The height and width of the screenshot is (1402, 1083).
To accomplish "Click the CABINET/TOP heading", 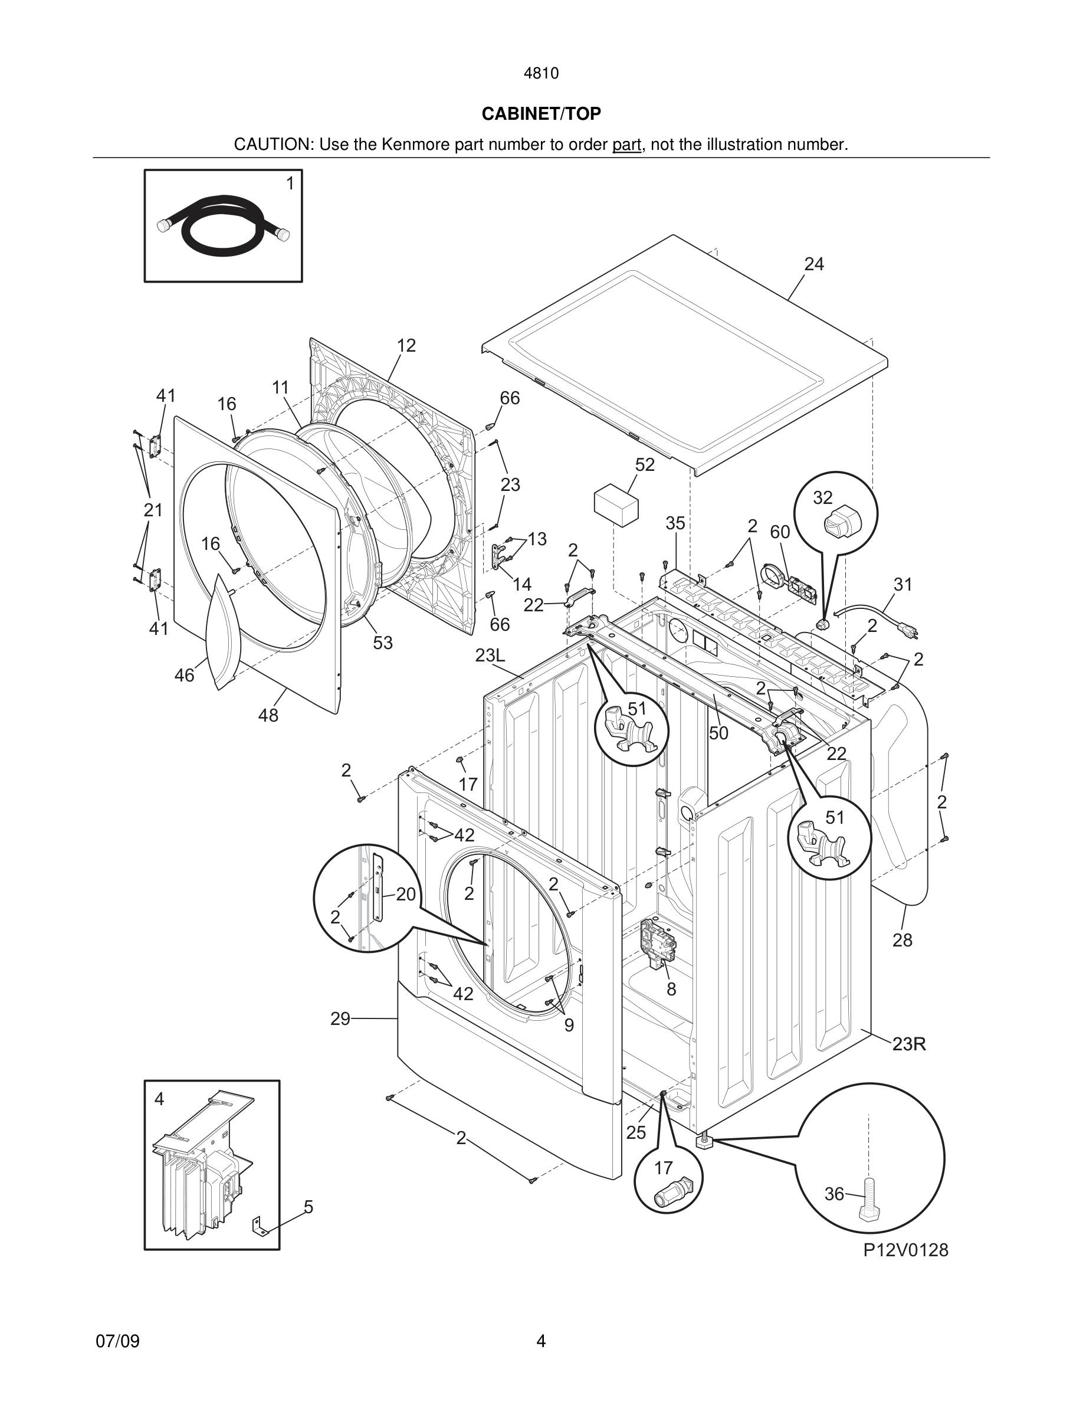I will (541, 114).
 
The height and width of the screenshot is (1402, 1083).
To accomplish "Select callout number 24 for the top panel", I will (813, 264).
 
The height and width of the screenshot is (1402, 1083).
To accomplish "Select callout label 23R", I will (909, 1044).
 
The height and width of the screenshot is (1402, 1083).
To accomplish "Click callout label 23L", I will (490, 656).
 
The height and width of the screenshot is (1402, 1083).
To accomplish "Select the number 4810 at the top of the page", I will (541, 73).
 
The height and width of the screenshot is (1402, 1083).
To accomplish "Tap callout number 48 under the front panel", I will (268, 715).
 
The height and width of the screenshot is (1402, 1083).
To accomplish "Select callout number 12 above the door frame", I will (406, 346).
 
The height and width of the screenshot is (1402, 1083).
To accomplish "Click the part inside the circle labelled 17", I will (671, 1192).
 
